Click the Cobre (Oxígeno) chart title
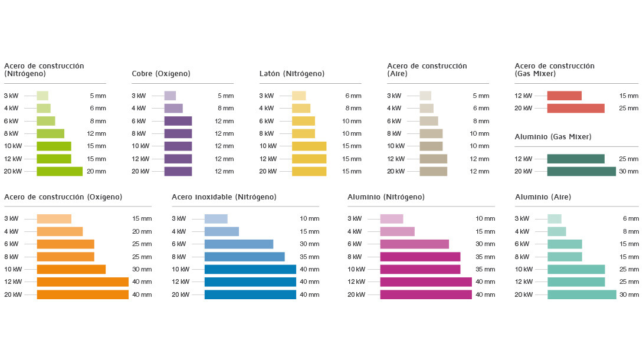[161, 74]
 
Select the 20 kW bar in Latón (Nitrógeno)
[309, 171]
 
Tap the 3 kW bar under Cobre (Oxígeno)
[170, 96]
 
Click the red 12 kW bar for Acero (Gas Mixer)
[564, 96]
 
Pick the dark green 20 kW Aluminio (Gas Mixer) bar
[581, 171]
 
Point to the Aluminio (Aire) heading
[543, 197]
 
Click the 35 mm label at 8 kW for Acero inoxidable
[309, 257]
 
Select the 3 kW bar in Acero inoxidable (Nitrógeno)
[216, 218]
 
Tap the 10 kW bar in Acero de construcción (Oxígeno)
[71, 269]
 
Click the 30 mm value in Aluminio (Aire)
[629, 294]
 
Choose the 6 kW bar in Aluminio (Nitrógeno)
[414, 244]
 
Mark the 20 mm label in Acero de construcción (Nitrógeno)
[96, 171]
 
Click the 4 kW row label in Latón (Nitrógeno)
[266, 108]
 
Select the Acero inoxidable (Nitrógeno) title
[224, 197]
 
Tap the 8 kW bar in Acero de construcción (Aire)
[431, 133]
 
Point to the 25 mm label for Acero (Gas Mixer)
[629, 108]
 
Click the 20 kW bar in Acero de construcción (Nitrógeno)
[60, 171]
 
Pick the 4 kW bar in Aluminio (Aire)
[556, 231]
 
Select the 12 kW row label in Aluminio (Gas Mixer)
[523, 159]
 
